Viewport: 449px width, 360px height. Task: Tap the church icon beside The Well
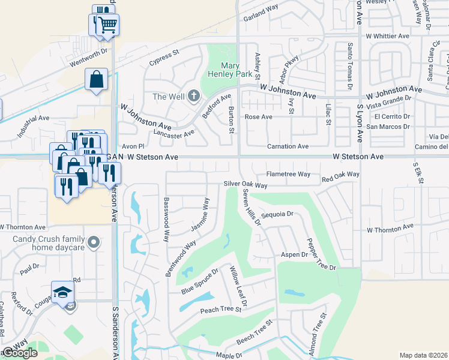193,95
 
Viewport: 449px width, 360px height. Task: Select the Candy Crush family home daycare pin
93,242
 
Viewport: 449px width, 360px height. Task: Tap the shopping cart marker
108,25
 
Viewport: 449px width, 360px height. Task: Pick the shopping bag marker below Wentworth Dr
97,79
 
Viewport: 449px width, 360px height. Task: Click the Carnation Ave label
288,146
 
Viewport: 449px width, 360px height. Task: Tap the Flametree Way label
288,174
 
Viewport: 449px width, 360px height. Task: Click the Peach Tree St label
220,310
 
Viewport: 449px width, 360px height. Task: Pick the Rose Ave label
259,116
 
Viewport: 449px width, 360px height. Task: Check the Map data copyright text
423,355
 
